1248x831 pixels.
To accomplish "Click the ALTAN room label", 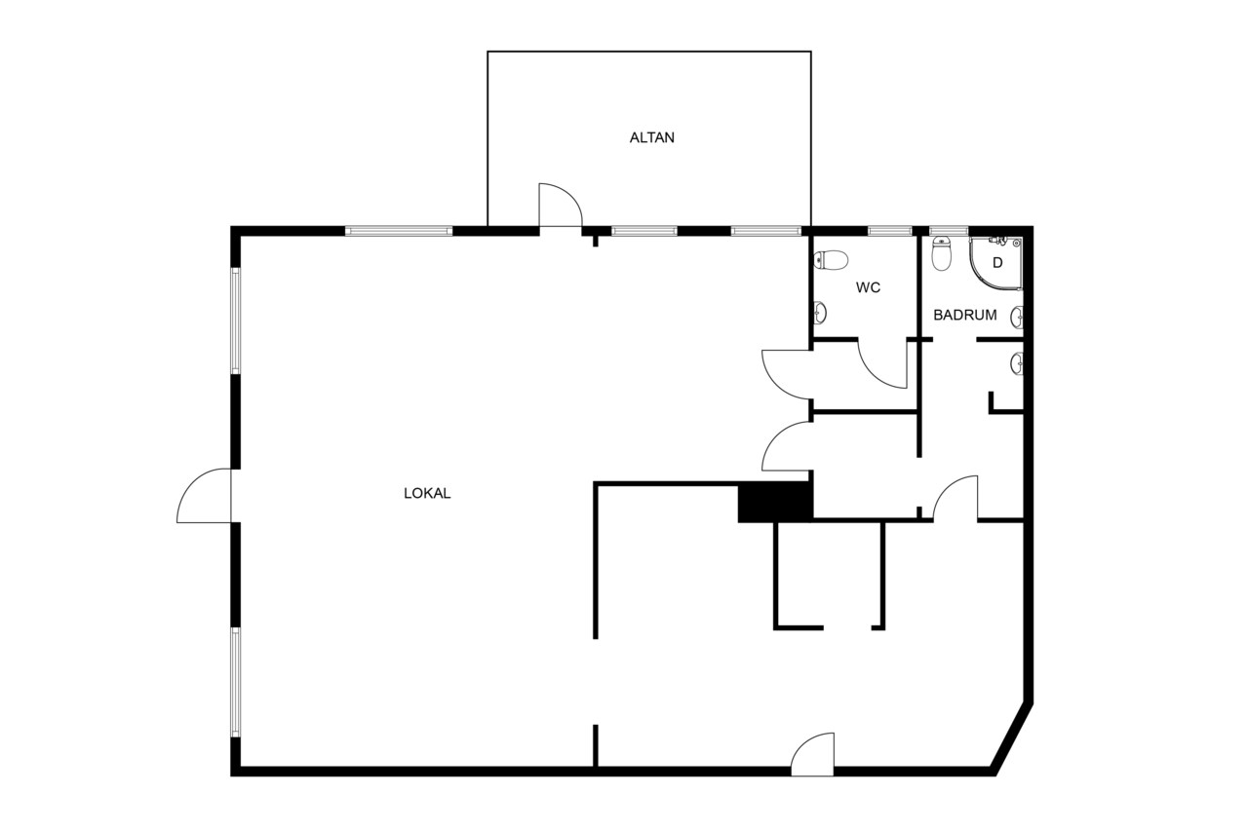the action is pos(652,137).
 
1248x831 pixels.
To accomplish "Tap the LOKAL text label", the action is pos(427,493).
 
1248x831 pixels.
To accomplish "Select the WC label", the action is pos(868,287).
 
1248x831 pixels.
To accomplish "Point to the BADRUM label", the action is pos(965,315).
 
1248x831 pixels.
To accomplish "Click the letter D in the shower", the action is pos(997,263).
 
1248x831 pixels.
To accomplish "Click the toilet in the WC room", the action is pos(831,260).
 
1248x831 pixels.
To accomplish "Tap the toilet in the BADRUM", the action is pos(942,254).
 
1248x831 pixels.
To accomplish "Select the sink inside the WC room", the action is pos(820,314).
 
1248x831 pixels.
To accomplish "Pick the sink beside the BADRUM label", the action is pos(1017,318).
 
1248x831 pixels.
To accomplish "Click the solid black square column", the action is pos(775,503).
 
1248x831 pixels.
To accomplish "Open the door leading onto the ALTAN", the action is pos(561,206).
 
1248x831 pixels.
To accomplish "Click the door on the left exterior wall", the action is pos(204,495).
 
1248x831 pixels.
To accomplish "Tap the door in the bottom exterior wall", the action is pos(812,754).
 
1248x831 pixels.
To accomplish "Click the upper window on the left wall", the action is pos(236,321).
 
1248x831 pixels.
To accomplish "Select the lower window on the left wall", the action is pos(236,683).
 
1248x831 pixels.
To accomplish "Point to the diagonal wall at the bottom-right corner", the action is pos(1011,739).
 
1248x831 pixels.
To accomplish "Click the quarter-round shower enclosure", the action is pos(996,264).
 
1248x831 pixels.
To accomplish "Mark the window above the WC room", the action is pos(890,231).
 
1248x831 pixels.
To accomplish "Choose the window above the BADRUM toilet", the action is pos(949,231).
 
